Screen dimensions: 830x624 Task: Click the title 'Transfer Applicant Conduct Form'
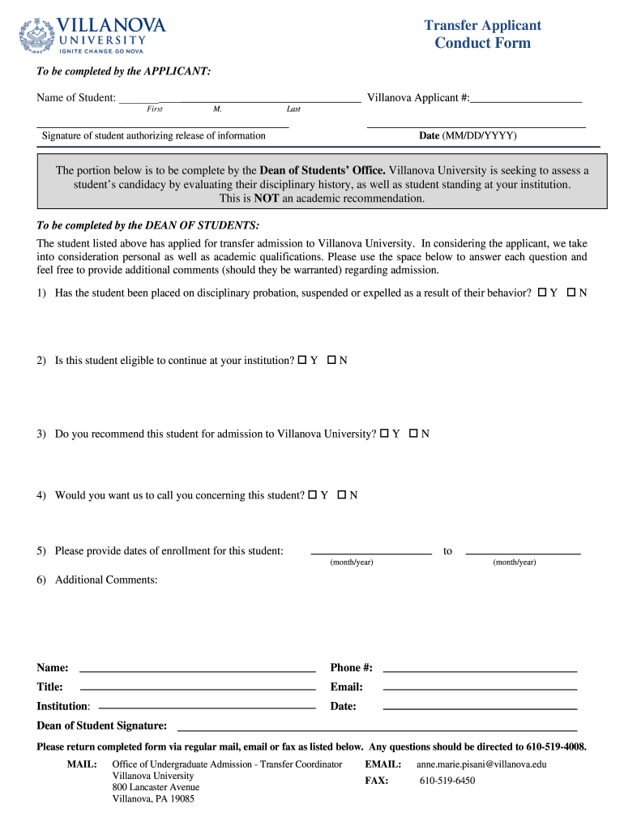482,34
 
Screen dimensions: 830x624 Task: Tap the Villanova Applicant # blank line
526,100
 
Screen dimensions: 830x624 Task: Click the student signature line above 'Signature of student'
162,125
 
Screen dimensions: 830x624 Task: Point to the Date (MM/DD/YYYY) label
467,135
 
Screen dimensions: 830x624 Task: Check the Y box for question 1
542,292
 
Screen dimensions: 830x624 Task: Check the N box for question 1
571,292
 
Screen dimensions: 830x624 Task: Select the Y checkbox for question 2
302,360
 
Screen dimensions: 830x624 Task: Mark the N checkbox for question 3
413,434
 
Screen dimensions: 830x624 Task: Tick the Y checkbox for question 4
313,494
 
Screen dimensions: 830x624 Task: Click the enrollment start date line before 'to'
371,552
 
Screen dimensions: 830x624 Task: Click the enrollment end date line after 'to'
523,552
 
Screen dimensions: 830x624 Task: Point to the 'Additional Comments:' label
106,580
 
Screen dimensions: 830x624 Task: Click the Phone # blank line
479,670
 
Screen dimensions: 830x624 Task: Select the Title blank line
197,688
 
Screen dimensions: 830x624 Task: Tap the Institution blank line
207,707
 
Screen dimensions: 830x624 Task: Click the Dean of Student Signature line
377,729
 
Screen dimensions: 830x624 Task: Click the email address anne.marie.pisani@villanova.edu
481,764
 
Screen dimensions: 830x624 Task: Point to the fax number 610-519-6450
447,781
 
